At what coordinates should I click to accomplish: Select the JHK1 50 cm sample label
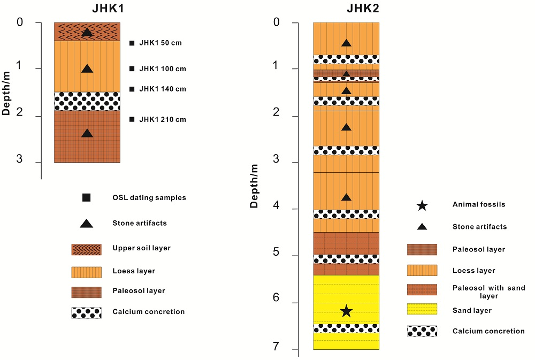(160, 43)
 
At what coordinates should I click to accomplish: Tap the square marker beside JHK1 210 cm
(132, 119)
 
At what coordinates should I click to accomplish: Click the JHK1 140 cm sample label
(162, 89)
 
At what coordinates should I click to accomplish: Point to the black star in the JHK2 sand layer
(346, 311)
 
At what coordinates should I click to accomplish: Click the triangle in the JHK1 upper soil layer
(87, 32)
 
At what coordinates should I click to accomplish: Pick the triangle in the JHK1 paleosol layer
(87, 133)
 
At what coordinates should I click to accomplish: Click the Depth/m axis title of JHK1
(6, 92)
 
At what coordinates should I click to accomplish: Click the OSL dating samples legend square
(86, 197)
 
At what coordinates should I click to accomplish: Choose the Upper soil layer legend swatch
(86, 249)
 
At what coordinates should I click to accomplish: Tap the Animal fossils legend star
(422, 205)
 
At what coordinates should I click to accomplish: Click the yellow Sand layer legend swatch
(422, 309)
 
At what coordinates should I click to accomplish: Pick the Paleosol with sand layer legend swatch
(422, 289)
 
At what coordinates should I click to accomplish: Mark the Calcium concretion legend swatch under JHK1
(86, 312)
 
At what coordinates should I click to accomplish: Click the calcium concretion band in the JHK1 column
(87, 101)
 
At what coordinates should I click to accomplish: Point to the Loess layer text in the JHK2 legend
(473, 270)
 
